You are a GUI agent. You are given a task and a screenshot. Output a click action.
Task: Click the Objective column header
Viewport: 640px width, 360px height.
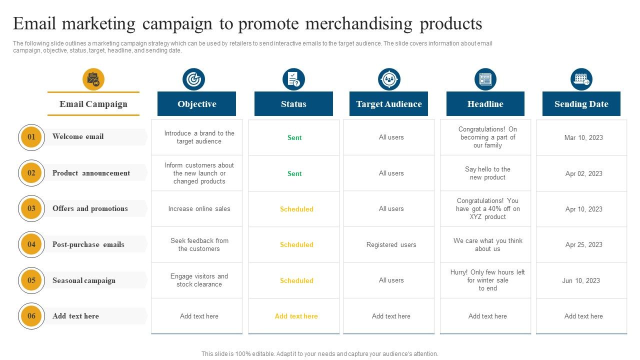(196, 103)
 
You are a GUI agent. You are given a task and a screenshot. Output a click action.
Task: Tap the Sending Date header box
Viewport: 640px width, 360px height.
(581, 103)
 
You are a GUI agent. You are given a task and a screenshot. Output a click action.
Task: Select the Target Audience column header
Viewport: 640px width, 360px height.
(388, 103)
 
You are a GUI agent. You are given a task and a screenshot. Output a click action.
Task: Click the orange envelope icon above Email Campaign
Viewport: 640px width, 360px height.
(93, 79)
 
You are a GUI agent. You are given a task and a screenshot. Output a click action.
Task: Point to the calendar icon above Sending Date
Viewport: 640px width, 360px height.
(581, 79)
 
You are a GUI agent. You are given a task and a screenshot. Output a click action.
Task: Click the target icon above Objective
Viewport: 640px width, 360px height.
(193, 79)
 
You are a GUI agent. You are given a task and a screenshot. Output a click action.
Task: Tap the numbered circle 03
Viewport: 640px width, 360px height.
(31, 208)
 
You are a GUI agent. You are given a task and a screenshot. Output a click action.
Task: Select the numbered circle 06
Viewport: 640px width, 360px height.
(31, 316)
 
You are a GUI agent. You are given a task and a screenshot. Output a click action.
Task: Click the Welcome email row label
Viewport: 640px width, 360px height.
(78, 136)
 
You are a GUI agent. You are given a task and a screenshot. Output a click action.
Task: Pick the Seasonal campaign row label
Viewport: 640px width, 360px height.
(84, 280)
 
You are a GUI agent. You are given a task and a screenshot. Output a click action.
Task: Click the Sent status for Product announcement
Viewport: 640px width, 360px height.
(294, 173)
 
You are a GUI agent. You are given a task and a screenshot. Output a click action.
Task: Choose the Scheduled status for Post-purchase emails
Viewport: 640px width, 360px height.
(296, 244)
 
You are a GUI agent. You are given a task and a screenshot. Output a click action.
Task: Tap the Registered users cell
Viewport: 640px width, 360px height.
(391, 244)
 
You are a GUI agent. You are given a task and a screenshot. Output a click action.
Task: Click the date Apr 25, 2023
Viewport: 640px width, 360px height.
(583, 244)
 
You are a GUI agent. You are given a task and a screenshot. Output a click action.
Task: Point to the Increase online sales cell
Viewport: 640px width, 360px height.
(199, 208)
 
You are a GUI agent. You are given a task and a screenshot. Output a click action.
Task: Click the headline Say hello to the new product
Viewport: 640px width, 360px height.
(487, 173)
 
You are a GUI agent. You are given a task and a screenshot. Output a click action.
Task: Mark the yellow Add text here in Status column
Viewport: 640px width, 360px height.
(296, 316)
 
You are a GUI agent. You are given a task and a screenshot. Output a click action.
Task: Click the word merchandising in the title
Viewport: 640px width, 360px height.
(359, 23)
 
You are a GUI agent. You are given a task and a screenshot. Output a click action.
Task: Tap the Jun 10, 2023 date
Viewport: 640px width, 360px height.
(581, 280)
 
